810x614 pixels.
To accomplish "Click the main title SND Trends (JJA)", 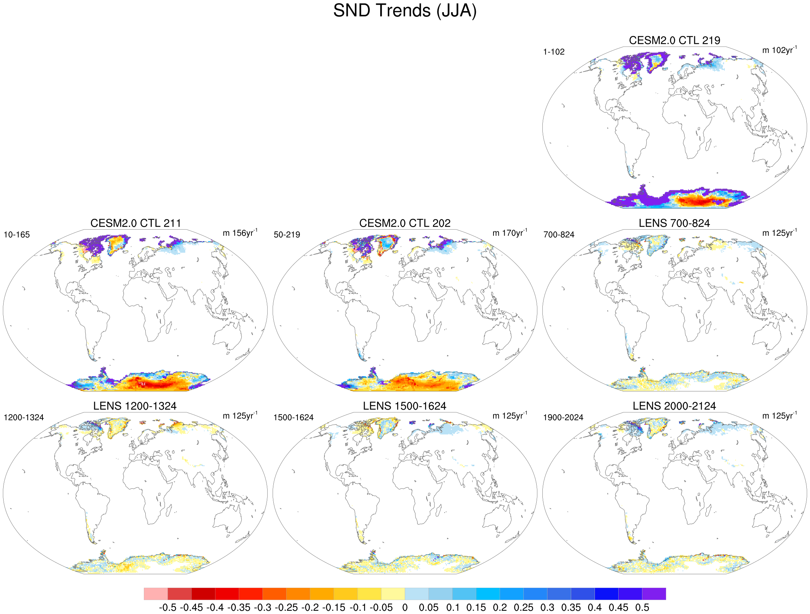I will point(405,11).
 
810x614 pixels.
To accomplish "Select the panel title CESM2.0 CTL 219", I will point(674,40).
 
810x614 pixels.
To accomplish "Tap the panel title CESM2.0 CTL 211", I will point(136,223).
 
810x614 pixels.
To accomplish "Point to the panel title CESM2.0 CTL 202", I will point(405,223).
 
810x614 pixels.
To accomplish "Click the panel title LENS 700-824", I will point(674,223).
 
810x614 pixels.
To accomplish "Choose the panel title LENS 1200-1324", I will point(135,406).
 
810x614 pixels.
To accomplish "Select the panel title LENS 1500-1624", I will point(405,406).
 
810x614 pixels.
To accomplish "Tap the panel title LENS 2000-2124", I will point(674,406).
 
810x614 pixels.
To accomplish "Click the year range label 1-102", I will point(554,52).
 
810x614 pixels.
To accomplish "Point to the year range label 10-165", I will point(17,235).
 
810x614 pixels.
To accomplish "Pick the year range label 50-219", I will point(287,235).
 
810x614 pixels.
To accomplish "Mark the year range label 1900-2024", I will point(563,417).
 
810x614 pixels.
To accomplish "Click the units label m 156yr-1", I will point(240,233).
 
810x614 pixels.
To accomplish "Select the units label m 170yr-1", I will point(510,233).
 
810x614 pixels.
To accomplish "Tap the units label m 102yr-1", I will point(779,50).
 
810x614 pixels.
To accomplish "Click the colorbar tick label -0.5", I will point(168,608).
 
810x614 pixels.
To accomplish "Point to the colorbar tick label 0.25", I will point(524,608).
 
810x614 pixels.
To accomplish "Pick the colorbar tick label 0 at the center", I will point(405,608).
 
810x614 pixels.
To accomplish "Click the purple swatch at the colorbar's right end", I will point(654,594).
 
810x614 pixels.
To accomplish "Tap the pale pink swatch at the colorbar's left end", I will point(156,594).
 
